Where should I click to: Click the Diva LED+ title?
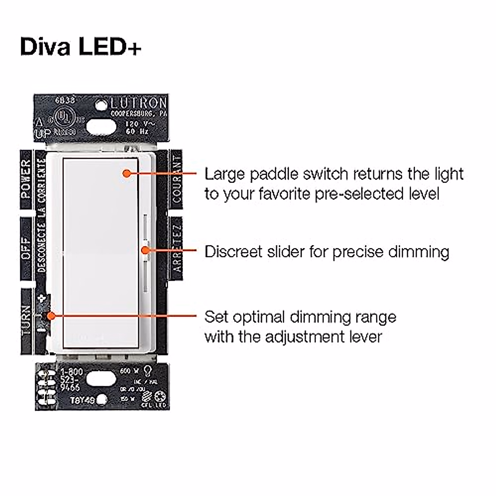(81, 46)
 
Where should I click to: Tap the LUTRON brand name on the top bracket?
(138, 103)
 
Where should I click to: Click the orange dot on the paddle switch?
(127, 173)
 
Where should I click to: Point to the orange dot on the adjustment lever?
(51, 315)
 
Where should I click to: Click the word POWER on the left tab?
(26, 178)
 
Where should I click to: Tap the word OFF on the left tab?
(26, 248)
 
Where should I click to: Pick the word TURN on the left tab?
(26, 320)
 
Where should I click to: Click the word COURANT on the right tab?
(176, 178)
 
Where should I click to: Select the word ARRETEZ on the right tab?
(176, 248)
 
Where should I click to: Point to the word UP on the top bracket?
(42, 134)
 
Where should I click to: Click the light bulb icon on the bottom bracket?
(147, 370)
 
